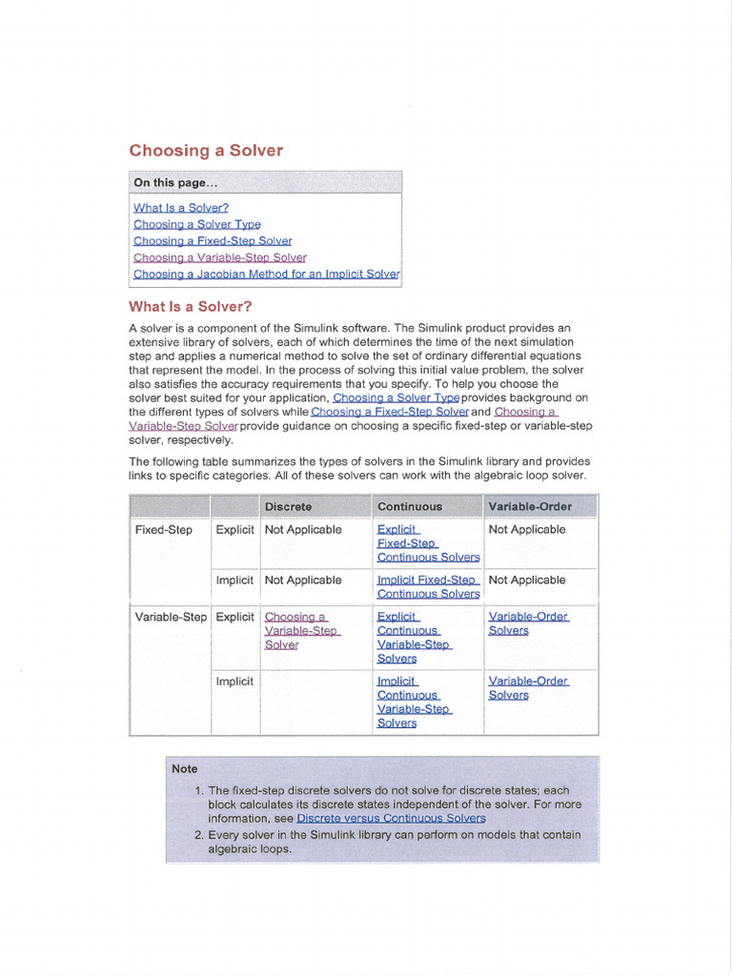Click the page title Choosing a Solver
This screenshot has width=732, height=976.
pyautogui.click(x=206, y=151)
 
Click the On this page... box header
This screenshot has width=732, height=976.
pyautogui.click(x=175, y=183)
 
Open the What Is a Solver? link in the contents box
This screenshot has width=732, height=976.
pyautogui.click(x=181, y=208)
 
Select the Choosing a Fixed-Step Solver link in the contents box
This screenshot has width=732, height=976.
pyautogui.click(x=213, y=241)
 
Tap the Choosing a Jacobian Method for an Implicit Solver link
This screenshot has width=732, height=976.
pyautogui.click(x=267, y=274)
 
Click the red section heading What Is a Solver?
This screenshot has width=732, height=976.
pyautogui.click(x=191, y=307)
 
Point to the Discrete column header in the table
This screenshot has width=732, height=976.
pyautogui.click(x=288, y=506)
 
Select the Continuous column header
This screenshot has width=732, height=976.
pyautogui.click(x=410, y=506)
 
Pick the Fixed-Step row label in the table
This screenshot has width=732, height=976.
pyautogui.click(x=164, y=530)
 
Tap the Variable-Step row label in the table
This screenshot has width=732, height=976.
pyautogui.click(x=171, y=617)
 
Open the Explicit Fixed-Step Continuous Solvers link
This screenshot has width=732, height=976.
pyautogui.click(x=428, y=543)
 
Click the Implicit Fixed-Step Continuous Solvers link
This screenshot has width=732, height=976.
pyautogui.click(x=428, y=586)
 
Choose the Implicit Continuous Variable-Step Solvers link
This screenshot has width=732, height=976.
pyautogui.click(x=414, y=702)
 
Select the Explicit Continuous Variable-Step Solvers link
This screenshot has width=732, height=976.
pyautogui.click(x=414, y=638)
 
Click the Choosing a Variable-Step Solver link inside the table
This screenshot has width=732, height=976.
pyautogui.click(x=301, y=631)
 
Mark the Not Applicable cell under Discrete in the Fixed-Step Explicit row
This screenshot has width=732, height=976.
pyautogui.click(x=303, y=530)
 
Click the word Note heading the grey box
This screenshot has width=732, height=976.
pyautogui.click(x=185, y=768)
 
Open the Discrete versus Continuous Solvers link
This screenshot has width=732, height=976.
pyautogui.click(x=391, y=818)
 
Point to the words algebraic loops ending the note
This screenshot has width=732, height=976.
pyautogui.click(x=250, y=848)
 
